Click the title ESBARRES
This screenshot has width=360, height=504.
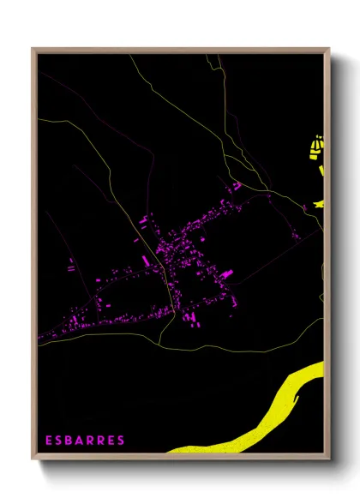coord(86,441)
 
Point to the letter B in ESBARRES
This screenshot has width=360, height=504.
coord(71,441)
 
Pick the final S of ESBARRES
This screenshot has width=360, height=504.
coord(122,441)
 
